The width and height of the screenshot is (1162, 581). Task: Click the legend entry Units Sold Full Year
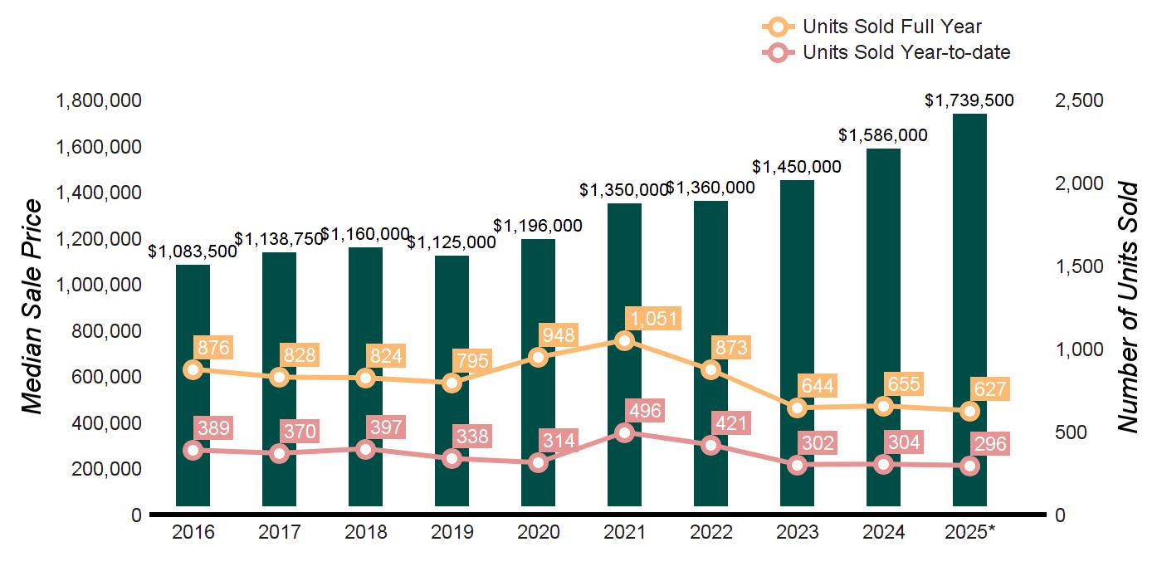892,27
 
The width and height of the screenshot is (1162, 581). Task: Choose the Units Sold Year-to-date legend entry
906,52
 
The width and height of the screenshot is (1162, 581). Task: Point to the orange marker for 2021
625,340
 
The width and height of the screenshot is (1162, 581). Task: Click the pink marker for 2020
539,462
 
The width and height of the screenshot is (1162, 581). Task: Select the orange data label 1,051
654,319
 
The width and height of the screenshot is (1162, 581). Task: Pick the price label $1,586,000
883,134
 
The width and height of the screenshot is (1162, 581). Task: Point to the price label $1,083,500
193,251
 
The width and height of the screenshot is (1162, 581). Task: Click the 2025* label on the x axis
969,532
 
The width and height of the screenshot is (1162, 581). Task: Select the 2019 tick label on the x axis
452,532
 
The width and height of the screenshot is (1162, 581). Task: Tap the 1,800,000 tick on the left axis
98,101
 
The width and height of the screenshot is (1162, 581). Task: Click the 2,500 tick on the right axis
1079,101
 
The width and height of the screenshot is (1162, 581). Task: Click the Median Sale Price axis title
32,307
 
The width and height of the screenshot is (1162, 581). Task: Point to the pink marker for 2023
798,465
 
